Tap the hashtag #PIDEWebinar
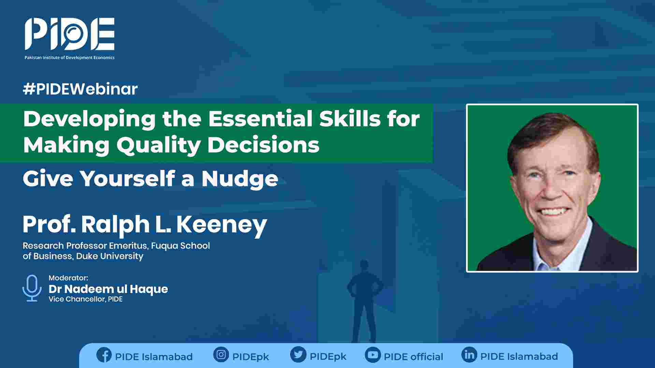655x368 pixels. tap(80, 89)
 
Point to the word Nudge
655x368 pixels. tap(240, 179)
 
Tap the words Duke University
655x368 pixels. tap(110, 256)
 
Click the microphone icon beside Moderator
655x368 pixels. tap(32, 288)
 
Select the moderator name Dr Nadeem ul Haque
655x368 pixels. tap(108, 289)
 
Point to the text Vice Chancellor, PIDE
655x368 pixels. tap(86, 299)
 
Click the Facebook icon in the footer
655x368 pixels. tap(104, 355)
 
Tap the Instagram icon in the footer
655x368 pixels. tap(221, 355)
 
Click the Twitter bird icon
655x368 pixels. tap(298, 355)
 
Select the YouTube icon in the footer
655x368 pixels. tap(373, 355)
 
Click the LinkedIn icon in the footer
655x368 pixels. tap(469, 355)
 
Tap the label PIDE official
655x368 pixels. tap(413, 357)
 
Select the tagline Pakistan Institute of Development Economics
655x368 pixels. tap(70, 58)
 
